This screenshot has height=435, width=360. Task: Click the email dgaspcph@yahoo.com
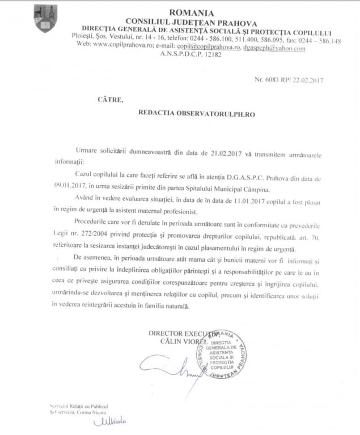pos(276,49)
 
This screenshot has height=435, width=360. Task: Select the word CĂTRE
pos(108,99)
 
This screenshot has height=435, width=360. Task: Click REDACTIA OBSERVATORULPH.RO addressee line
pos(196,113)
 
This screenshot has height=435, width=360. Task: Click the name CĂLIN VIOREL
pos(182,343)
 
